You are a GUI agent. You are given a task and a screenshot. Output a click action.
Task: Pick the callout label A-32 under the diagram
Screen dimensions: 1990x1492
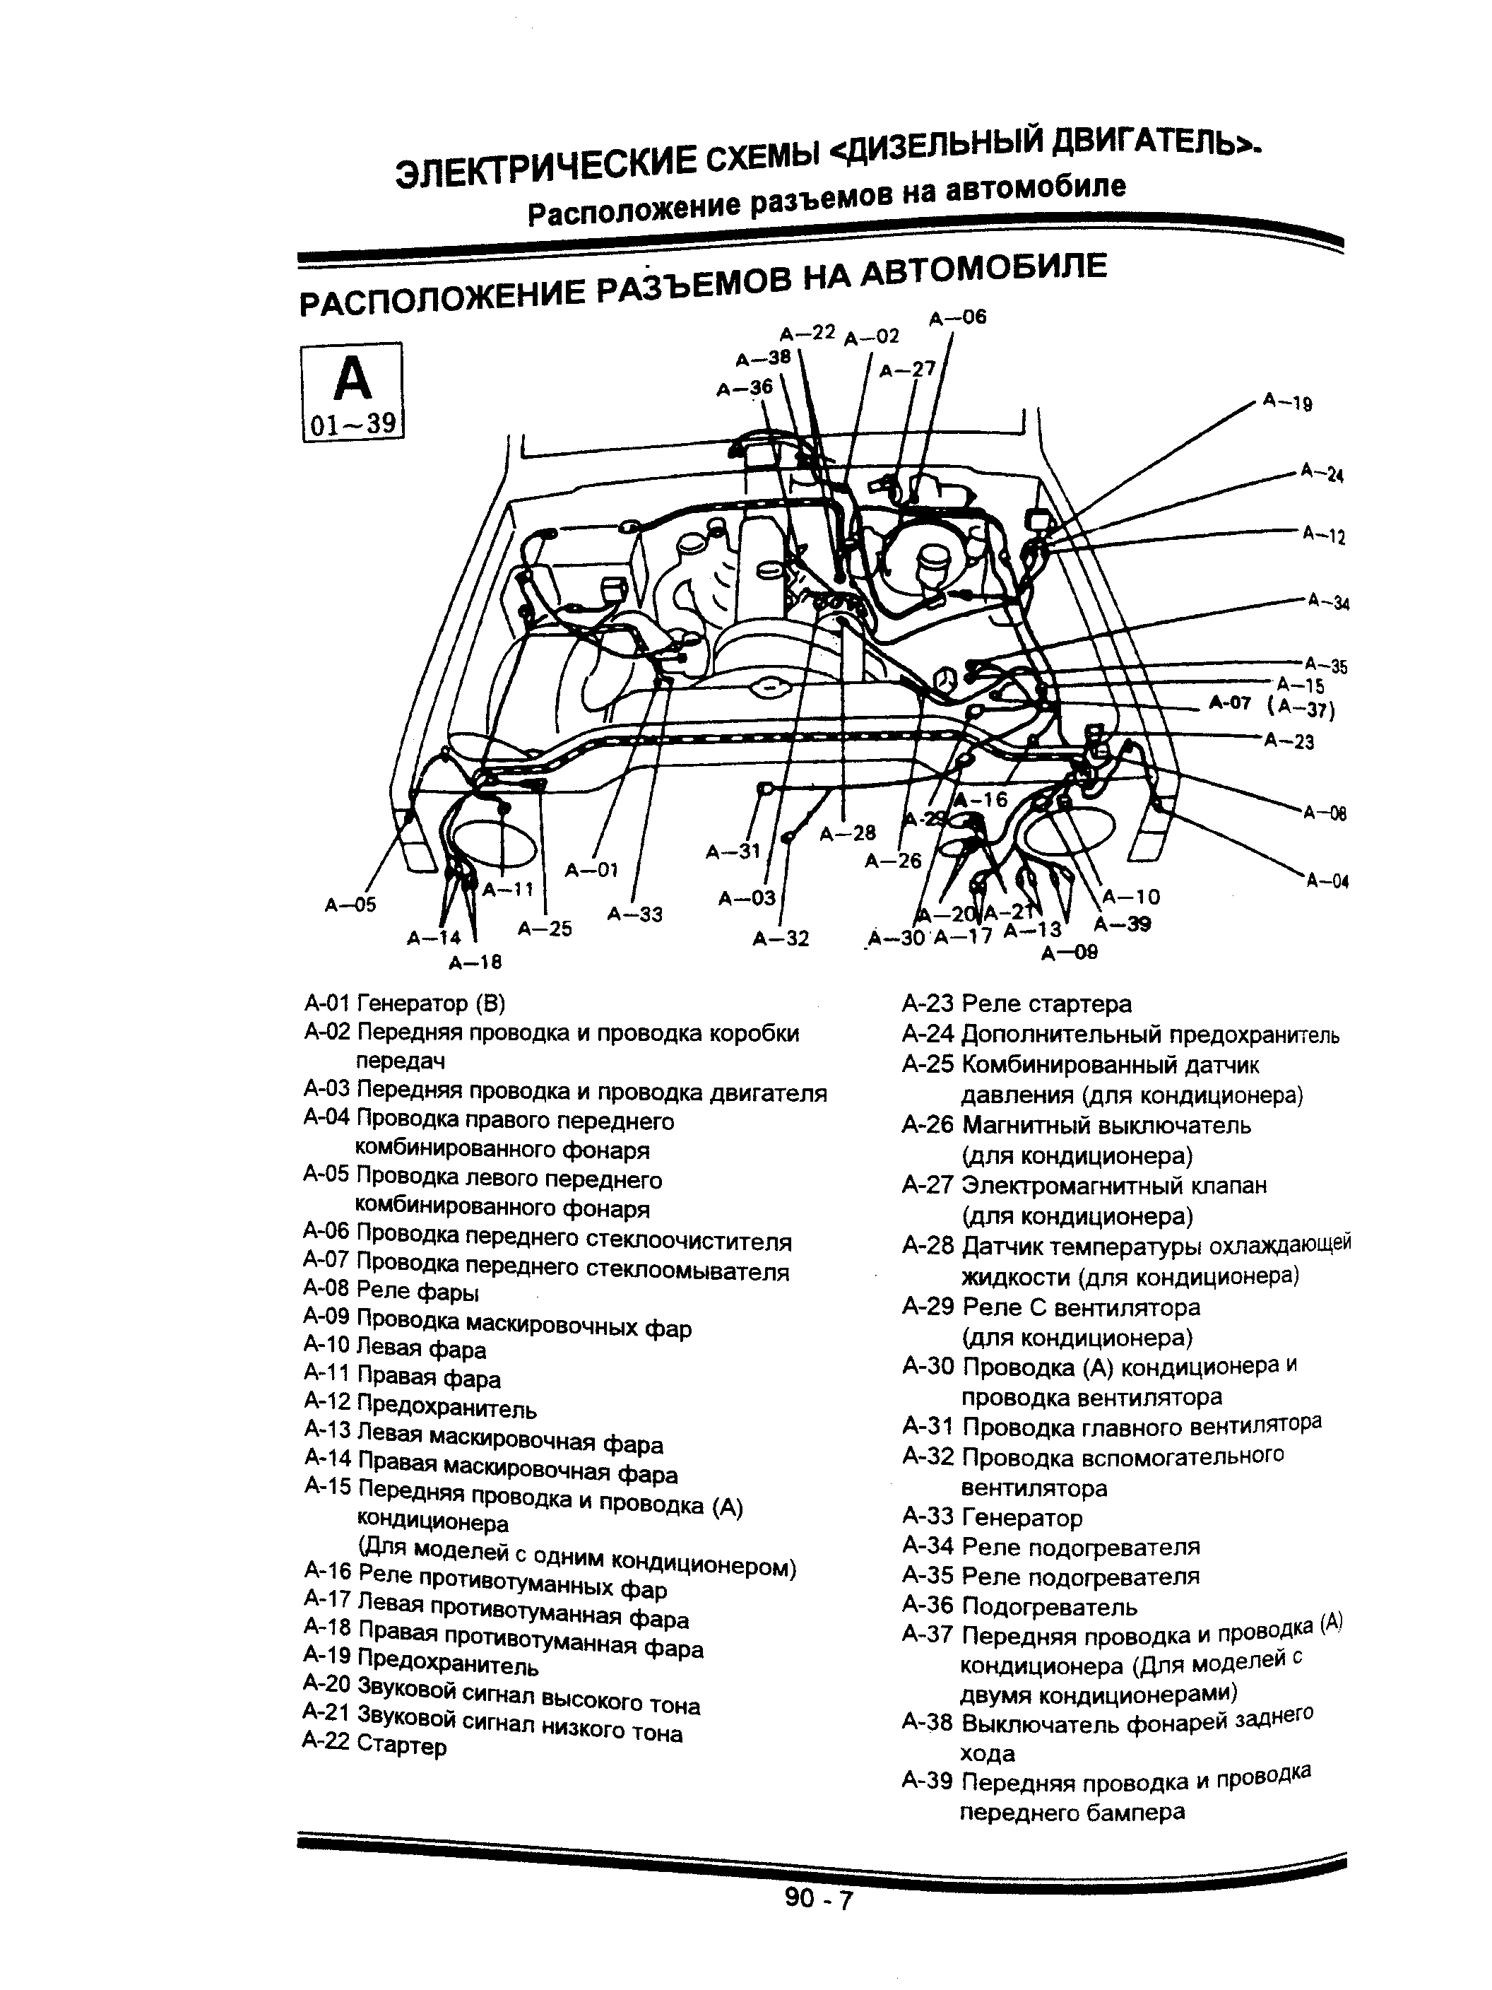781,939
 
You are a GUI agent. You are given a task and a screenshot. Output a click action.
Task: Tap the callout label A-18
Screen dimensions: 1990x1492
475,962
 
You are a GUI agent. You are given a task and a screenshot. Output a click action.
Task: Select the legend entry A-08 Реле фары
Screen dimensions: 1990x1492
391,1292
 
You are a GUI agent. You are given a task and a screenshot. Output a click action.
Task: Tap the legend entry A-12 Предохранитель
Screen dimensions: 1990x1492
420,1406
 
